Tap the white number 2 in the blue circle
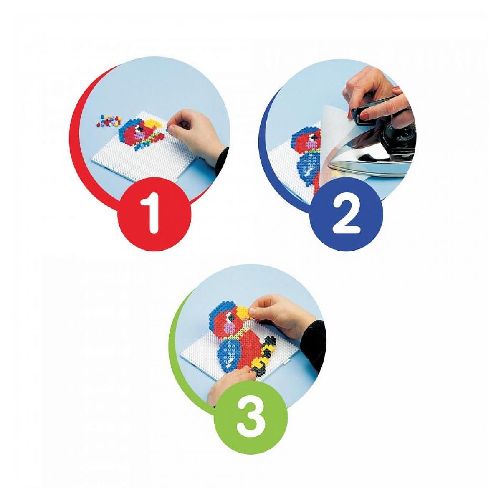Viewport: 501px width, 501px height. coord(346,213)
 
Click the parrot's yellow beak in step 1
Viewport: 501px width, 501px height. coord(153,124)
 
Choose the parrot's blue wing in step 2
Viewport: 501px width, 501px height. coord(308,169)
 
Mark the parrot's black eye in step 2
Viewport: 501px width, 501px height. coord(315,137)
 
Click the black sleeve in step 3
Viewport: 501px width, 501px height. coord(317,343)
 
